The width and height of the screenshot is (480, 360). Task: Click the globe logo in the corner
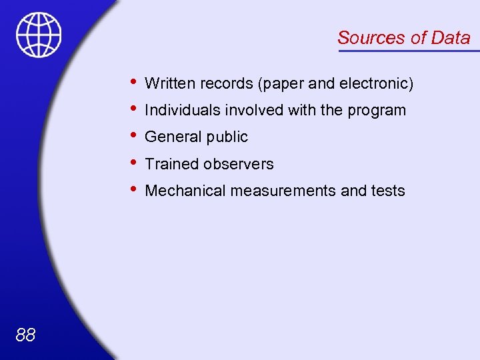(x=39, y=35)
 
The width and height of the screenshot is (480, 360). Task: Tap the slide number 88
(x=25, y=335)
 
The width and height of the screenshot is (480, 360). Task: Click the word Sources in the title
(x=371, y=38)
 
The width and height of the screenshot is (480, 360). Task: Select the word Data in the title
(x=451, y=38)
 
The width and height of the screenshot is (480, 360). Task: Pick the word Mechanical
(x=185, y=191)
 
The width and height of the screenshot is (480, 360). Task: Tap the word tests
(x=388, y=191)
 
